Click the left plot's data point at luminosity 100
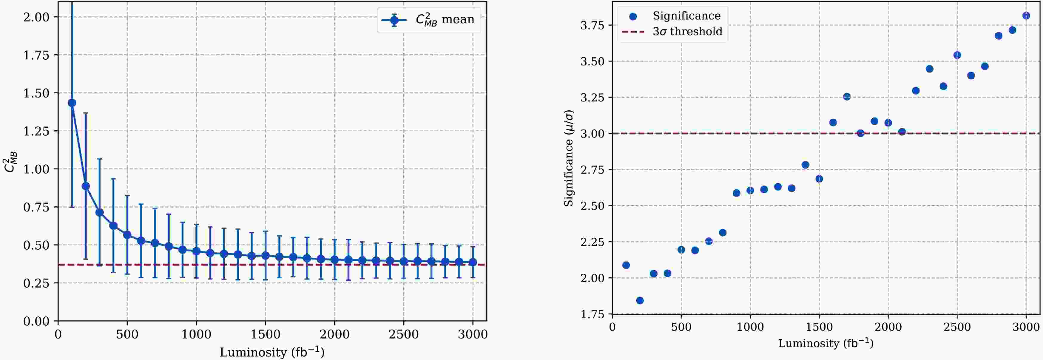click(72, 103)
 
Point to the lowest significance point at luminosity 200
click(640, 300)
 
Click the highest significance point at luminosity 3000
click(1026, 16)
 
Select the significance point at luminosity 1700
click(847, 97)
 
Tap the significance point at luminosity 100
click(626, 265)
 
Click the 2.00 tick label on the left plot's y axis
click(36, 17)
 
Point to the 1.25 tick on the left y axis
click(36, 131)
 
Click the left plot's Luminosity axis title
click(272, 352)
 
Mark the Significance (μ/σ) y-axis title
click(569, 158)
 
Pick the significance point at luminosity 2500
click(957, 55)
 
